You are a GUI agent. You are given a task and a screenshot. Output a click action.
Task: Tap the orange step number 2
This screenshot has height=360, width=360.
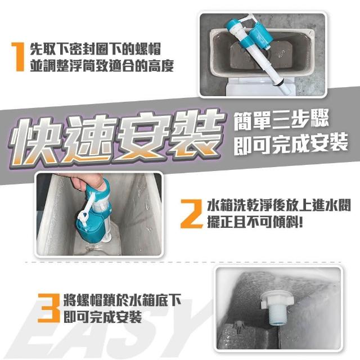(x=191, y=214)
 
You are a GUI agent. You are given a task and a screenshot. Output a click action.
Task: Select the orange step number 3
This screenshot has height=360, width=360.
(x=49, y=308)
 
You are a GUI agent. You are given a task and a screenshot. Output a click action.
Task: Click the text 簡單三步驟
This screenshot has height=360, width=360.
(x=281, y=120)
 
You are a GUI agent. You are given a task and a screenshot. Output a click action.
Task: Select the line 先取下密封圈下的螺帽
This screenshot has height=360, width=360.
(x=95, y=49)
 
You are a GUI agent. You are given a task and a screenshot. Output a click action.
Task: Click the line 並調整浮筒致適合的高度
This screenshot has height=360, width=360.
(x=102, y=65)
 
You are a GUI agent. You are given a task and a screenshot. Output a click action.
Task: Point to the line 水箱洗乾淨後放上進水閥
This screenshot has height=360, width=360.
(x=279, y=205)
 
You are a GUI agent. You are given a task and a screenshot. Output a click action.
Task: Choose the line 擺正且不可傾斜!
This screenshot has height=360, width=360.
(x=255, y=222)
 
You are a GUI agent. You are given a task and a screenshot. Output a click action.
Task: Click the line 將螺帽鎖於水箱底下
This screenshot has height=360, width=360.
(x=122, y=300)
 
